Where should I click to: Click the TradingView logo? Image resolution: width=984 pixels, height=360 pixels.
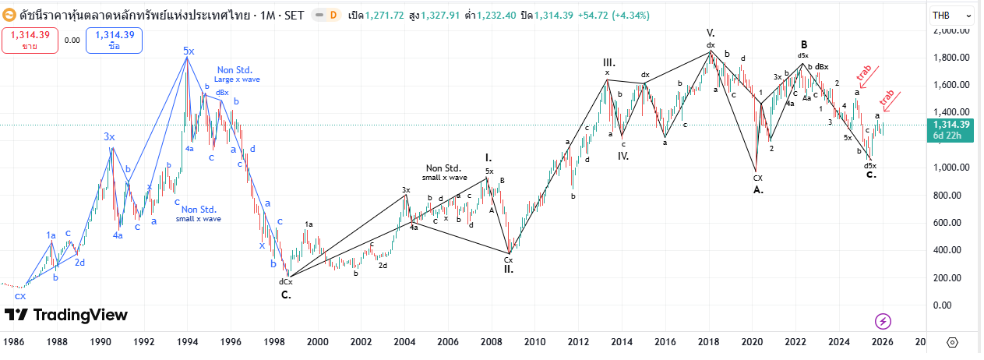(66, 315)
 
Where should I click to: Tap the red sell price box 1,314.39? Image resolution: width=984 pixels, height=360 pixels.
(30, 40)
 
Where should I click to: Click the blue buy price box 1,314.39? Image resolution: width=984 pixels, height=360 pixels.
(114, 40)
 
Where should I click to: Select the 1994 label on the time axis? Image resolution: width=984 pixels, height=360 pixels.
(186, 342)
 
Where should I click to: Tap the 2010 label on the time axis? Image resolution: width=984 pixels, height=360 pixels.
(534, 342)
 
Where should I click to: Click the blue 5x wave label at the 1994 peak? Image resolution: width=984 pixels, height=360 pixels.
(189, 51)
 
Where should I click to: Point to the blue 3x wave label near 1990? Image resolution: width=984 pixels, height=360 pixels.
(109, 136)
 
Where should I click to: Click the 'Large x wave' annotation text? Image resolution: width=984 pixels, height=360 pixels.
(237, 79)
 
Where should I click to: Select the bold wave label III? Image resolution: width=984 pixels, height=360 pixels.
(608, 62)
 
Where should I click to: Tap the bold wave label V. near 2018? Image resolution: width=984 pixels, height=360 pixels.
(711, 33)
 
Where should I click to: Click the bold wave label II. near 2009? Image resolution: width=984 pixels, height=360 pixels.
(508, 270)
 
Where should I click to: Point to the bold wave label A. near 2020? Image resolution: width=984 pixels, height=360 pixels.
(758, 189)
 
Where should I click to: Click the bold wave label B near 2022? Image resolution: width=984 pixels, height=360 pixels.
(803, 44)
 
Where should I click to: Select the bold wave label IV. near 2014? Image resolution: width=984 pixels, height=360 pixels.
(623, 156)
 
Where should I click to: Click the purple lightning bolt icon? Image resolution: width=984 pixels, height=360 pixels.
(883, 321)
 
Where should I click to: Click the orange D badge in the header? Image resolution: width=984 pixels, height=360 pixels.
(333, 15)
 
